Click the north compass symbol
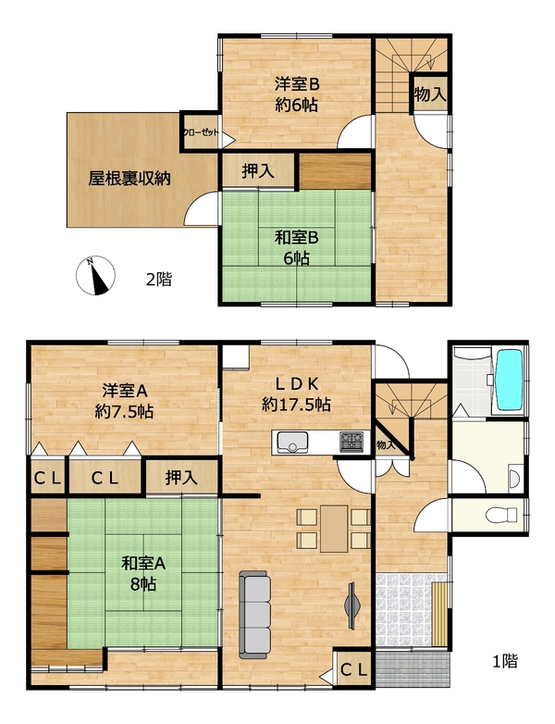(x=95, y=275)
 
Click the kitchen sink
(x=292, y=443)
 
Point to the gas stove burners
(x=351, y=442)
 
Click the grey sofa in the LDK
(x=254, y=615)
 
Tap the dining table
(x=334, y=529)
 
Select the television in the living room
(x=352, y=605)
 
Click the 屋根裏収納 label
(x=129, y=179)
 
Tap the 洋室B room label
(x=297, y=84)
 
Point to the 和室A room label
(x=143, y=564)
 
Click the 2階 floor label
(x=159, y=280)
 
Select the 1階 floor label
(x=505, y=661)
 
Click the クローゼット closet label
(x=201, y=132)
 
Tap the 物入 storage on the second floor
(x=430, y=94)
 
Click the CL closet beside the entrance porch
(x=354, y=669)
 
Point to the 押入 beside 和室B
(x=258, y=171)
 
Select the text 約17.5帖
(x=296, y=405)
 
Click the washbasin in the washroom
(x=514, y=480)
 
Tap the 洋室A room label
(x=124, y=391)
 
